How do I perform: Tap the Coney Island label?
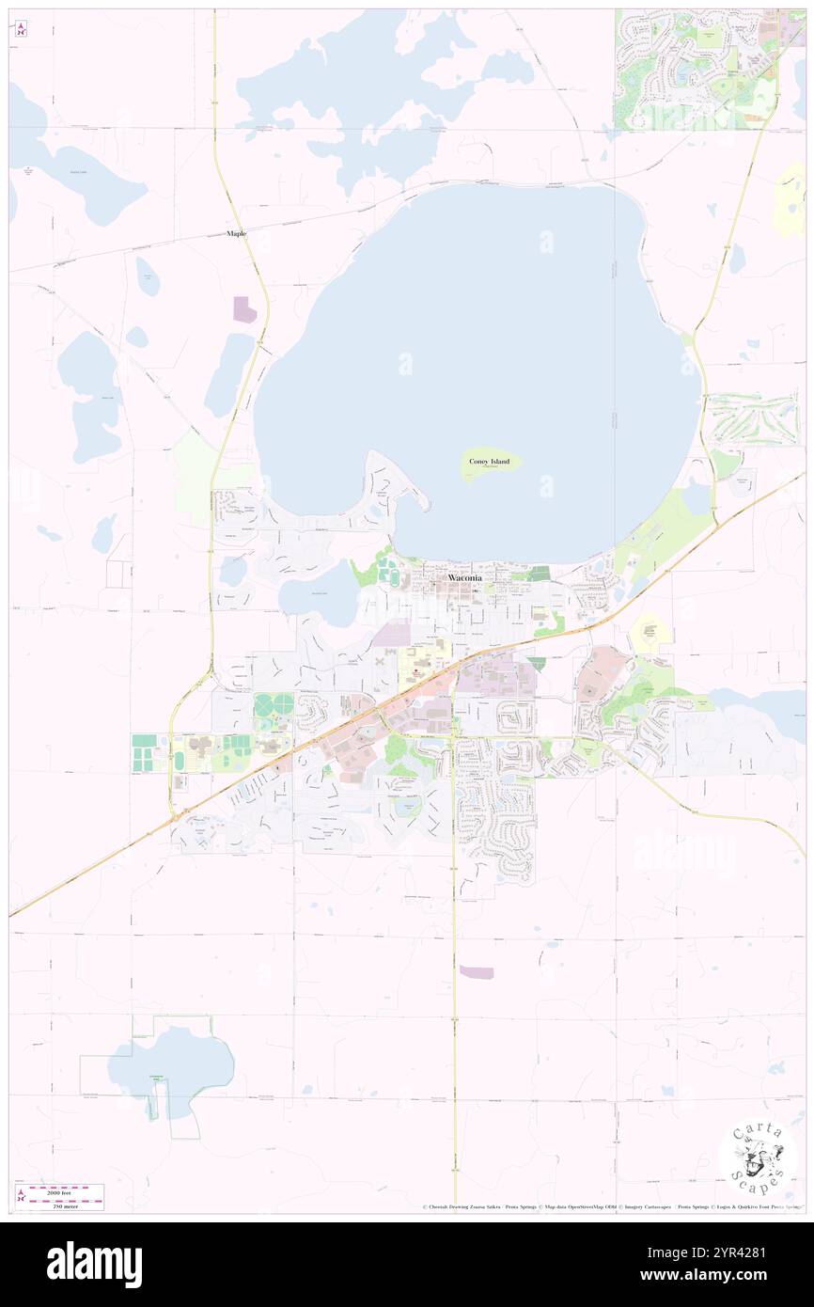[490, 462]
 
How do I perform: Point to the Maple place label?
[236, 233]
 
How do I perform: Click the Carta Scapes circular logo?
[758, 1157]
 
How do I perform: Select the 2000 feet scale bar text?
[65, 1189]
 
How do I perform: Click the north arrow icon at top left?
[21, 28]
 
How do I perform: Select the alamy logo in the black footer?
[94, 1264]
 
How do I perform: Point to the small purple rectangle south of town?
[476, 972]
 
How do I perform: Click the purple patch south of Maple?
[243, 308]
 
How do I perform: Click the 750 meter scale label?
[65, 1205]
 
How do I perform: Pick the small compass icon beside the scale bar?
[21, 1196]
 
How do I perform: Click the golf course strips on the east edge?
[752, 419]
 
